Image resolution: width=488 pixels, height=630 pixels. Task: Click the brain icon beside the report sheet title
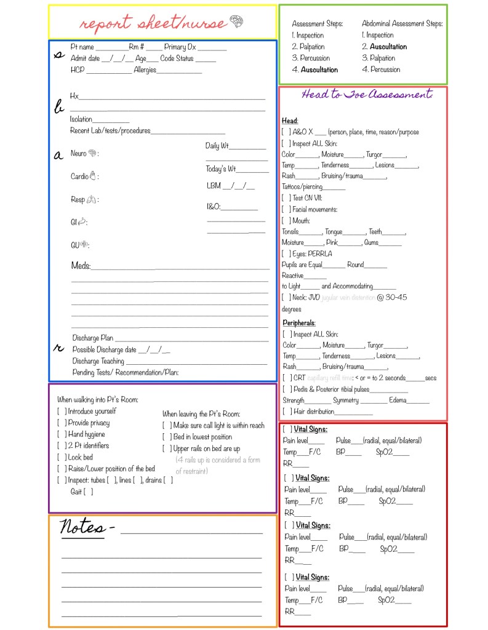coord(236,22)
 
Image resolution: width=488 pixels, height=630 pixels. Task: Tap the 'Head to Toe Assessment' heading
coord(367,95)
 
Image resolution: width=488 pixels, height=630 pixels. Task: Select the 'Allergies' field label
coord(145,70)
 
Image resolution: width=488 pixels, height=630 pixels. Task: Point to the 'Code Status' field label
coord(177,58)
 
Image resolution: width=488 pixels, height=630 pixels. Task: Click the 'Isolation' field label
coord(81,119)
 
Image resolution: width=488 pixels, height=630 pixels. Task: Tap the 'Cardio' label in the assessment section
coord(79,177)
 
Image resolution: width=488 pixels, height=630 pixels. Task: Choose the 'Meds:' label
coord(81,266)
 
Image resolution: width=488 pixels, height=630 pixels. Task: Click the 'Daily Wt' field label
coord(217,146)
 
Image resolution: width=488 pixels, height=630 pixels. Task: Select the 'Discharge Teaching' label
coord(98,361)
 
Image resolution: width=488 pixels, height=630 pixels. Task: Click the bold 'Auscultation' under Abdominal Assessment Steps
coord(388,47)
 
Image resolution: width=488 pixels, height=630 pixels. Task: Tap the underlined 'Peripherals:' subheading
coord(299,323)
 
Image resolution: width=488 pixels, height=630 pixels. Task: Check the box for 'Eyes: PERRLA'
coord(286,253)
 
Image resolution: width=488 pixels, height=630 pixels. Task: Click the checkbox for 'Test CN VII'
coord(286,198)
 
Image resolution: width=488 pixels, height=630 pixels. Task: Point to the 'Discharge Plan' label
coord(92,338)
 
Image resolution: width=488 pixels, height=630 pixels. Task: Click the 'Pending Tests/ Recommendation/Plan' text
coord(126,372)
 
